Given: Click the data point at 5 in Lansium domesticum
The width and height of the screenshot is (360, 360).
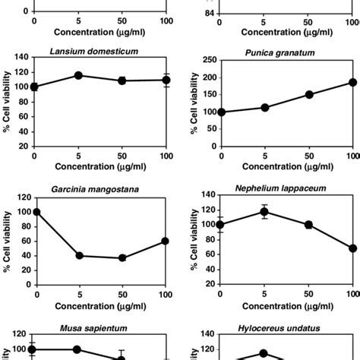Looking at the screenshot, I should pos(77,76).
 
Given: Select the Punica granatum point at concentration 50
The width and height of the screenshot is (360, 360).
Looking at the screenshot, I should pos(308,95).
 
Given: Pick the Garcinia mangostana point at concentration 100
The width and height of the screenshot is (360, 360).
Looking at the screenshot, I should pos(165,241).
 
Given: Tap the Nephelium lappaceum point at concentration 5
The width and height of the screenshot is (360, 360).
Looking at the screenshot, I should pos(264,212).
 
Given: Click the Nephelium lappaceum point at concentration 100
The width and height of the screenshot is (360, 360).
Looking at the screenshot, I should pos(352,248).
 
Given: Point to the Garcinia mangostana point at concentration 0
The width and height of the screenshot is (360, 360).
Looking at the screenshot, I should pos(35,212).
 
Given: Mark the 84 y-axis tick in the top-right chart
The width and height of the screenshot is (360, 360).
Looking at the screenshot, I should pos(208,13).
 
